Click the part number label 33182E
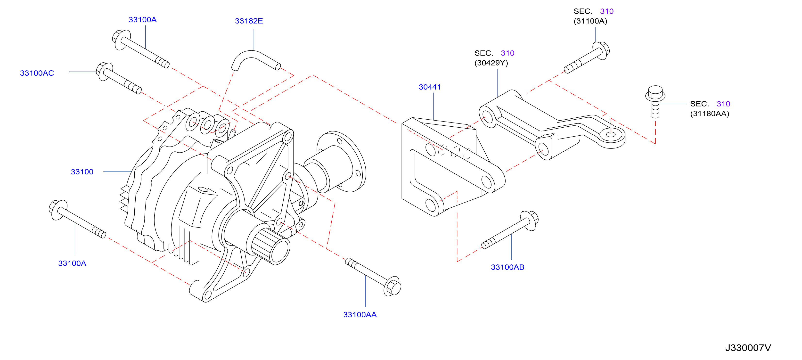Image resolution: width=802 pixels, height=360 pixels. (x=249, y=21)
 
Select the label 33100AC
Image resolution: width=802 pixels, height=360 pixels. (x=37, y=73)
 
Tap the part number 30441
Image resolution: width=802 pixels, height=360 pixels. (x=430, y=87)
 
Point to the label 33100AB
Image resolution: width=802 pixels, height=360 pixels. (x=507, y=267)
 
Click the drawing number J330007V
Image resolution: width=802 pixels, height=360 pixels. (x=748, y=348)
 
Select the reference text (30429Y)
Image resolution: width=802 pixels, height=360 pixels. (x=491, y=63)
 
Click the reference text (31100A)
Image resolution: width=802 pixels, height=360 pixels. (x=590, y=21)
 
